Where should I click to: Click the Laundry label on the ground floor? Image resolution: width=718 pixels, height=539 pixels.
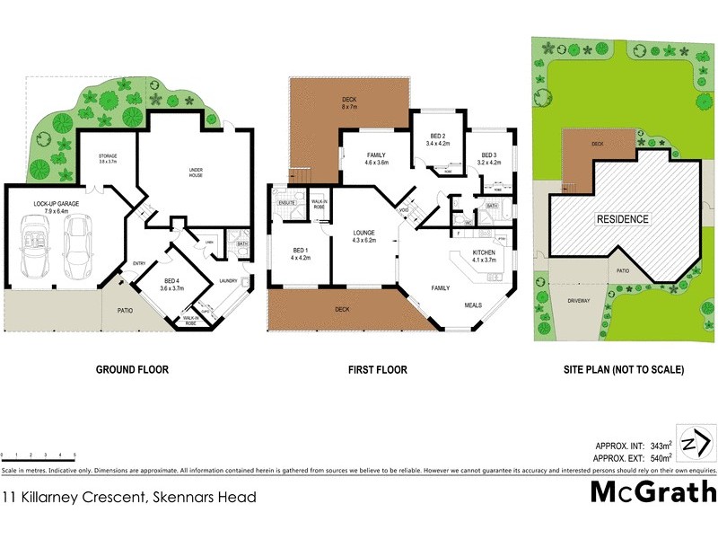(x=228, y=280)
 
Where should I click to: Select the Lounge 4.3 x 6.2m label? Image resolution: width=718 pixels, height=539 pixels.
(x=363, y=237)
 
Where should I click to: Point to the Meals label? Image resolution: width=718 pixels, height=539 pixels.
(x=473, y=305)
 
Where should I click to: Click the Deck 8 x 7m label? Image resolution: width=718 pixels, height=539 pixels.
(x=349, y=102)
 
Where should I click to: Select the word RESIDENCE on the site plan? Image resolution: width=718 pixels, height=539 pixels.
(x=625, y=218)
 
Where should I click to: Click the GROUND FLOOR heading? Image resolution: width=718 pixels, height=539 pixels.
(x=132, y=369)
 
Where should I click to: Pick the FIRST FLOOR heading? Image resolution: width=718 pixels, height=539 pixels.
(x=377, y=369)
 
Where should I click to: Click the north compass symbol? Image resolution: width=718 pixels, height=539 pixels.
(x=696, y=444)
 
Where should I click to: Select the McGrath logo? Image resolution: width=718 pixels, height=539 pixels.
(x=652, y=491)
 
